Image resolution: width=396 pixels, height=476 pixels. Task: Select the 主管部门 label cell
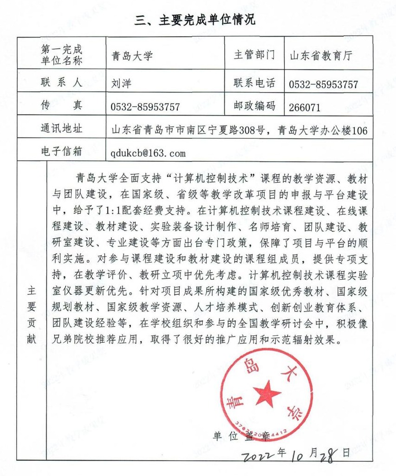coord(254,55)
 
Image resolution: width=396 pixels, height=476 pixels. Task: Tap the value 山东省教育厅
coord(321,56)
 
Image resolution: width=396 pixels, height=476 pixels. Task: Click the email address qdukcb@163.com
coord(148,153)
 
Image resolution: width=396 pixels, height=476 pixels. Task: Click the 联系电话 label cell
coord(254,83)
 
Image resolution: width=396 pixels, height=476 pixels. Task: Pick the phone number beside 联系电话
coord(324,84)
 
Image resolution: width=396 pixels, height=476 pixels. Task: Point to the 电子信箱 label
coord(61,151)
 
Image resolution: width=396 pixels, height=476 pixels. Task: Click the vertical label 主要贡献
coord(31,313)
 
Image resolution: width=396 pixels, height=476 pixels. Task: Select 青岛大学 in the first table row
coord(132,56)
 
